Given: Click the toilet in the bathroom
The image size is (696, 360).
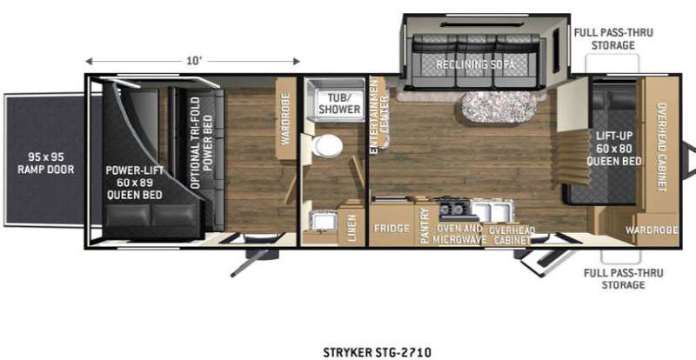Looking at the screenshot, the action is (x=327, y=145).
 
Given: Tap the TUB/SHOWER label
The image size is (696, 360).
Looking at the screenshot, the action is (x=344, y=103).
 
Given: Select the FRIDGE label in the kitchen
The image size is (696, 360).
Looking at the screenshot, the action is (x=391, y=229).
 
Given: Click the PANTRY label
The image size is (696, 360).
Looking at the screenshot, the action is (x=425, y=225).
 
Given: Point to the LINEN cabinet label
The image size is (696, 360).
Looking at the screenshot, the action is (x=351, y=228).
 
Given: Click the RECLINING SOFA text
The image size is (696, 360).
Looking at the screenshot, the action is (x=475, y=65).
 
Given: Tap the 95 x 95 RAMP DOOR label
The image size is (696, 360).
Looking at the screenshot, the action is (x=46, y=163).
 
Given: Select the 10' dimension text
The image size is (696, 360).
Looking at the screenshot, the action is (x=194, y=61).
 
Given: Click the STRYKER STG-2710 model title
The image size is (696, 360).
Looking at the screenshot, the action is (x=377, y=352).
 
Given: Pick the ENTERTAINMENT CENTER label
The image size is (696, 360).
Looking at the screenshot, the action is (x=380, y=116).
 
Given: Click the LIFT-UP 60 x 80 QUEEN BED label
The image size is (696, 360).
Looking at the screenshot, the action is (x=614, y=149).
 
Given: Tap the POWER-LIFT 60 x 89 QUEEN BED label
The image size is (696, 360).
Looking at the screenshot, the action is (x=134, y=183).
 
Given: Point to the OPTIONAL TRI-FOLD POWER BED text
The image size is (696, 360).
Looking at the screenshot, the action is (x=202, y=143).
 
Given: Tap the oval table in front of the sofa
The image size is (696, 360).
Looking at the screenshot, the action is (x=499, y=107).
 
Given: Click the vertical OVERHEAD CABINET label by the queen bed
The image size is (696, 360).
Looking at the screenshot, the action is (x=661, y=147).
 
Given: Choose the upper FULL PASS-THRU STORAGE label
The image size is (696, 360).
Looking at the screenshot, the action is (x=613, y=38).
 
